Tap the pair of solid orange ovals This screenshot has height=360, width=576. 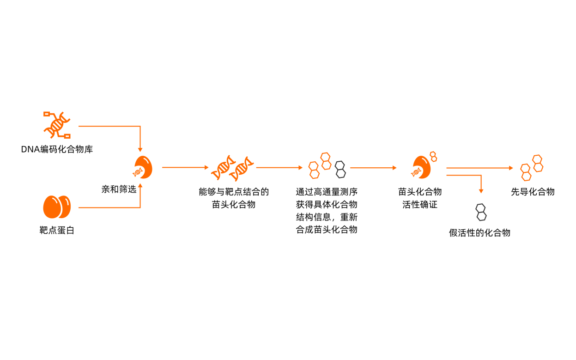point(57,207)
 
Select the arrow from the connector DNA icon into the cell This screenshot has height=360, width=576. point(111,126)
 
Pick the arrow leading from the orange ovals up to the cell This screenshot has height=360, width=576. point(111,207)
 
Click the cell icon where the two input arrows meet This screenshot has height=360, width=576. point(143,167)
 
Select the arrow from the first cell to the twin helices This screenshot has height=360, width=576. point(185,167)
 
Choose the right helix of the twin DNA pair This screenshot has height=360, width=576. point(242,169)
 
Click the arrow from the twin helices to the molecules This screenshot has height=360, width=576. point(279,168)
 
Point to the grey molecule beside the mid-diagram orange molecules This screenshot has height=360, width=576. point(340,170)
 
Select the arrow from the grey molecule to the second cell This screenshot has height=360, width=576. point(373,168)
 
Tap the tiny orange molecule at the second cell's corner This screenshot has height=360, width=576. point(433,157)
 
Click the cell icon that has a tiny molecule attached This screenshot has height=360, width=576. point(421,168)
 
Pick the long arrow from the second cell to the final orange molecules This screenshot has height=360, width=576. point(479,168)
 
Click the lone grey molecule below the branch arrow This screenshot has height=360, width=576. point(481,212)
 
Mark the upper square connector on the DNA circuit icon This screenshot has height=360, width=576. point(46,113)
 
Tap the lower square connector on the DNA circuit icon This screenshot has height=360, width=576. point(67,136)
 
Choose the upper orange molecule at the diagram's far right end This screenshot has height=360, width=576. point(538,163)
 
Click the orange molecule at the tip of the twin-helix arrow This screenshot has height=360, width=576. point(314,170)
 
